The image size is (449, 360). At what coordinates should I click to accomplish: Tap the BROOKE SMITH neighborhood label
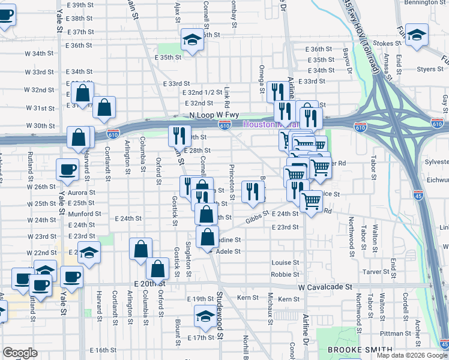(x=360, y=350)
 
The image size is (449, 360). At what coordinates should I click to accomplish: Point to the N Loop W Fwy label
(x=206, y=114)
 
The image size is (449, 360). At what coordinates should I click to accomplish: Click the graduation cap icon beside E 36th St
(x=192, y=40)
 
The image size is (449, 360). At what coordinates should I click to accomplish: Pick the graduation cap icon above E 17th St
(x=205, y=316)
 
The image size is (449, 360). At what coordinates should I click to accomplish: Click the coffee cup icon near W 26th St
(x=67, y=169)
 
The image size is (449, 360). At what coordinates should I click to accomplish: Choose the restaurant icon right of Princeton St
(x=253, y=191)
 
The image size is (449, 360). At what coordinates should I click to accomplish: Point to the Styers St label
(x=430, y=69)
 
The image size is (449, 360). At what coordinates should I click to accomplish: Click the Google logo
(x=20, y=353)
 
